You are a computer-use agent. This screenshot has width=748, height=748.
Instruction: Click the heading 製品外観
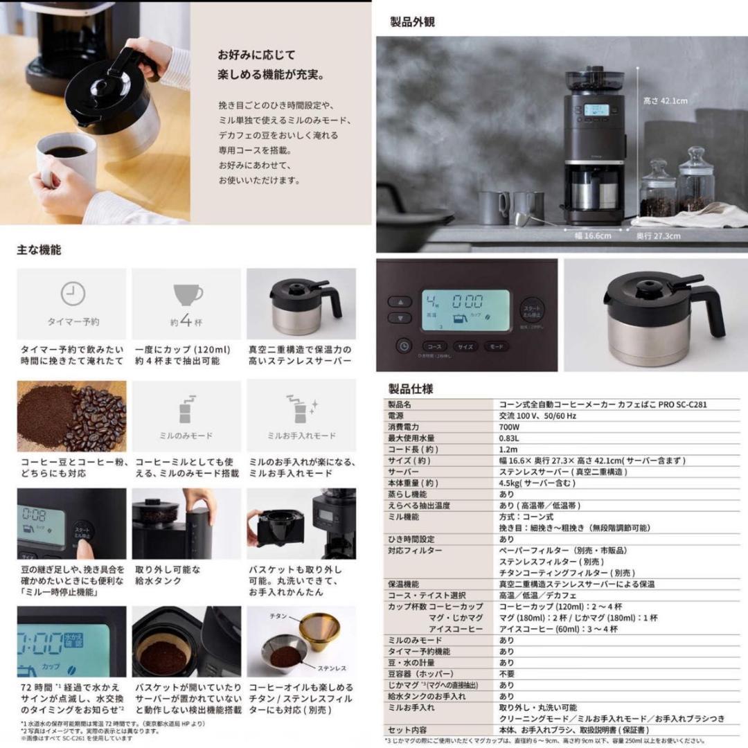click(x=413, y=21)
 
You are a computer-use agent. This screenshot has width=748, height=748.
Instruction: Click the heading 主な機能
click(x=39, y=250)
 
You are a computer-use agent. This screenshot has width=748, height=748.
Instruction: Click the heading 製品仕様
click(x=411, y=389)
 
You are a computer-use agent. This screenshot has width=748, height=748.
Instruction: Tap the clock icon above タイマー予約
click(x=73, y=294)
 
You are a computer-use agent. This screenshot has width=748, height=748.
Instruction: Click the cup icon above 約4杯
click(x=188, y=294)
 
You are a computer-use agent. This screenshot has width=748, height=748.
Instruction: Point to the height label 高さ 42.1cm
click(x=665, y=101)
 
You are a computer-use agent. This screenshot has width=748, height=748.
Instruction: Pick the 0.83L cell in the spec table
click(x=510, y=438)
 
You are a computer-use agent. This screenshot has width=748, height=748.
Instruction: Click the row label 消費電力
click(x=404, y=427)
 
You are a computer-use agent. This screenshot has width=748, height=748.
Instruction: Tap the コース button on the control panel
click(x=434, y=346)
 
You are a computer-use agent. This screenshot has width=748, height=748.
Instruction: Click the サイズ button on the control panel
click(x=465, y=346)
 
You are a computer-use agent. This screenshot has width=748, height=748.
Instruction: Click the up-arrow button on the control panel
click(x=400, y=302)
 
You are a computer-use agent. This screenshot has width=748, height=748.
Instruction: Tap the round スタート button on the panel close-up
click(x=532, y=309)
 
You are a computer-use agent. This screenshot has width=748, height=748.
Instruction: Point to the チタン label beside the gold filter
click(x=277, y=616)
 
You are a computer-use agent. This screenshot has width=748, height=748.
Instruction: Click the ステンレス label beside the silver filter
click(x=332, y=668)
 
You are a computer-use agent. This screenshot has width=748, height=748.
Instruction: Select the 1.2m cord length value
click(x=507, y=449)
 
